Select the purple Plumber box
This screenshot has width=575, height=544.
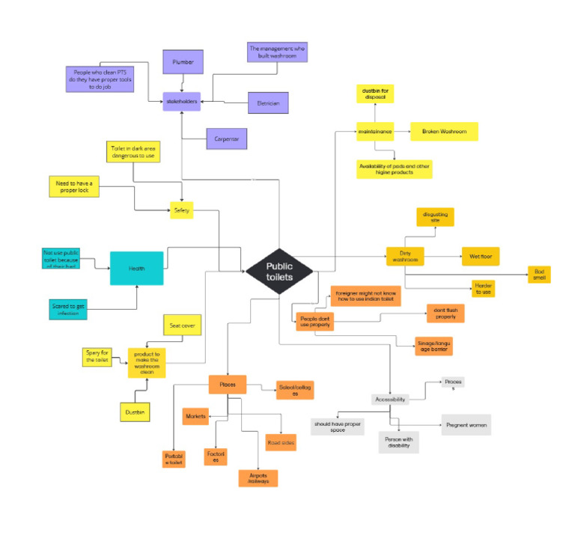pyautogui.click(x=183, y=63)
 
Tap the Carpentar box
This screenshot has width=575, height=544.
pyautogui.click(x=226, y=138)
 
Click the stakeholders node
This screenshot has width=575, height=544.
pyautogui.click(x=182, y=102)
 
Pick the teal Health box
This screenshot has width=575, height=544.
pyautogui.click(x=136, y=268)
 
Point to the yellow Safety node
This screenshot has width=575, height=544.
pyautogui.click(x=182, y=211)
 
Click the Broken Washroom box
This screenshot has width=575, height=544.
pyautogui.click(x=443, y=132)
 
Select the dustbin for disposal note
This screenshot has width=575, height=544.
pyautogui.click(x=375, y=94)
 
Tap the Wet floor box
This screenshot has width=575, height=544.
pyautogui.click(x=480, y=256)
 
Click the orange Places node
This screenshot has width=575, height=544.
pyautogui.click(x=228, y=385)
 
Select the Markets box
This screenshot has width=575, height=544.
pyautogui.click(x=195, y=415)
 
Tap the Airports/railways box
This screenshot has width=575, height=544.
pyautogui.click(x=258, y=477)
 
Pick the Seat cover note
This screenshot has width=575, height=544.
pyautogui.click(x=183, y=325)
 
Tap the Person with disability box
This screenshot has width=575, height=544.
pyautogui.click(x=399, y=441)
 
